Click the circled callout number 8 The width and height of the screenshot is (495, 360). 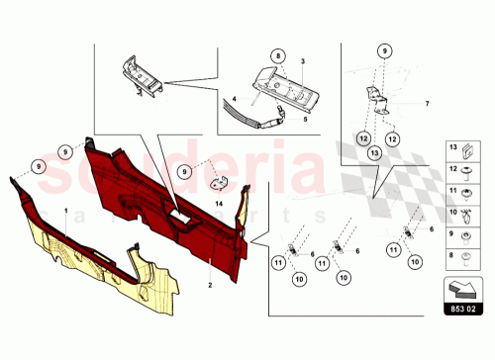click(x=278, y=55)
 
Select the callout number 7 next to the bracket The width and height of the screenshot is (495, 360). click(x=428, y=103)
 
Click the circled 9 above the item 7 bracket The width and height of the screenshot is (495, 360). click(x=382, y=49)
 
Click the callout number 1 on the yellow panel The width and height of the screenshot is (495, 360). click(x=65, y=212)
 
